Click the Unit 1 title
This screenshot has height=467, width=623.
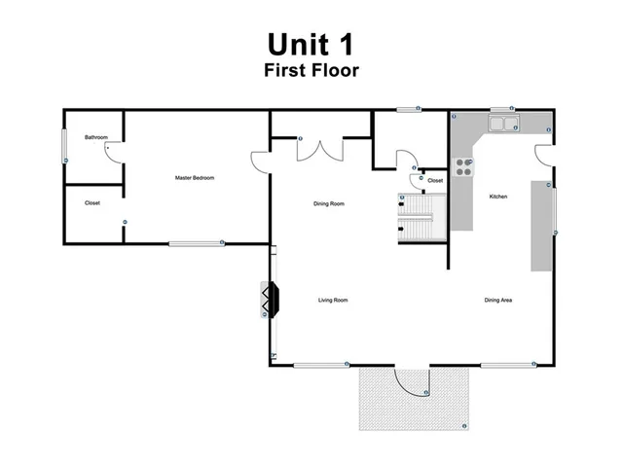pyautogui.click(x=311, y=44)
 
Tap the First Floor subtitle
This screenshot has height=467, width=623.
pyautogui.click(x=311, y=70)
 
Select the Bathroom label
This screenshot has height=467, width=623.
pyautogui.click(x=95, y=137)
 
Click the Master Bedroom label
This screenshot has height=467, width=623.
pyautogui.click(x=195, y=178)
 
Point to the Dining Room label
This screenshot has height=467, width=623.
pyautogui.click(x=329, y=203)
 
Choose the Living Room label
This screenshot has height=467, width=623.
pyautogui.click(x=333, y=301)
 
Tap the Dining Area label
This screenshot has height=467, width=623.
pyautogui.click(x=498, y=301)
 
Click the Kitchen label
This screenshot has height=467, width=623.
pyautogui.click(x=498, y=198)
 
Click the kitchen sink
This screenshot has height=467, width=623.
pyautogui.click(x=503, y=124)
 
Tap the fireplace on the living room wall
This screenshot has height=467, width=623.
pyautogui.click(x=270, y=302)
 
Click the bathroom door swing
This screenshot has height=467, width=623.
pyautogui.click(x=112, y=152)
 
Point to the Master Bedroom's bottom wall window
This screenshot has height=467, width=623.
pyautogui.click(x=195, y=242)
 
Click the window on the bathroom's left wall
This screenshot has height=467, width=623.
pyautogui.click(x=65, y=147)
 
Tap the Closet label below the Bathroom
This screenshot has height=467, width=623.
pyautogui.click(x=92, y=203)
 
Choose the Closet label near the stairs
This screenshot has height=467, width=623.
pyautogui.click(x=435, y=180)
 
